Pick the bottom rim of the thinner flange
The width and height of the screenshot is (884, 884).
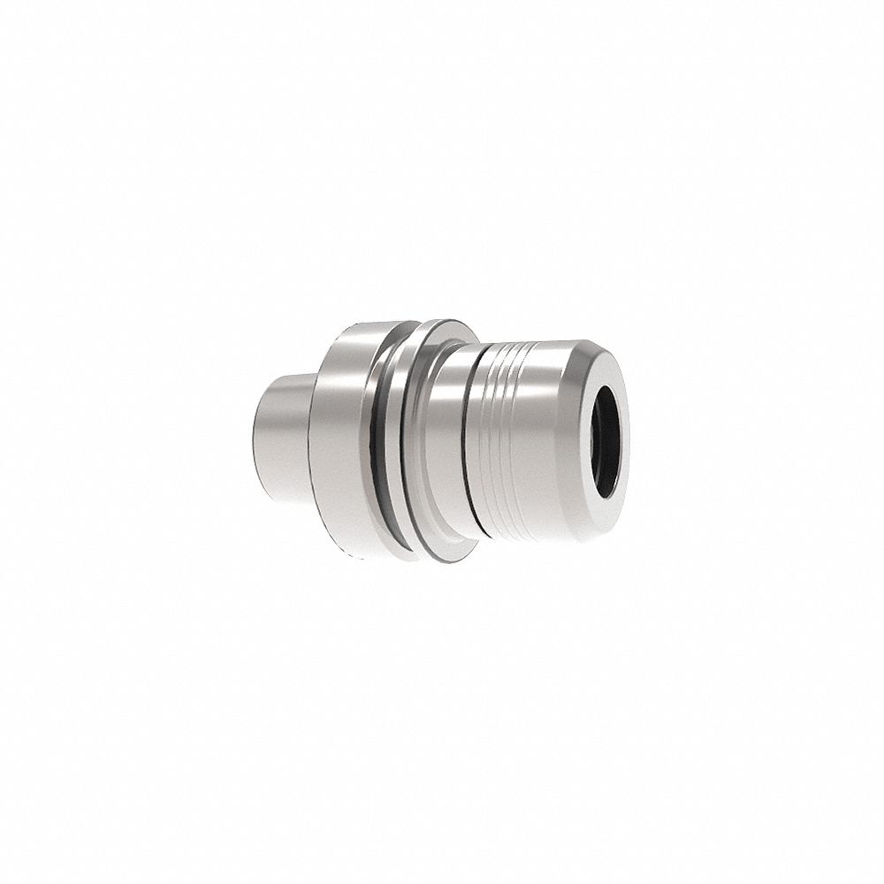442,560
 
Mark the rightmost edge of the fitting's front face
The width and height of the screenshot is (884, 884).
629,433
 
